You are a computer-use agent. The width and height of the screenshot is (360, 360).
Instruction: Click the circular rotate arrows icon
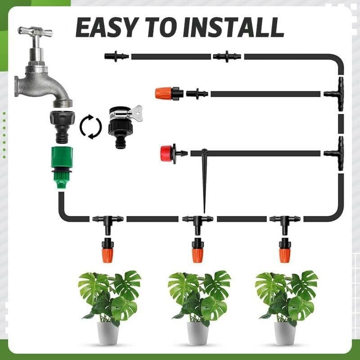coord(90,127)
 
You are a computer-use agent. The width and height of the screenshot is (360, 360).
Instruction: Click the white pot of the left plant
coord(108,333)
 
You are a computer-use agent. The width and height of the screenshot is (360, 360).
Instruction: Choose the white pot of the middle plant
coord(198,333)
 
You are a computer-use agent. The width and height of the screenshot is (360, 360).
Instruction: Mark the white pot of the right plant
coord(285,333)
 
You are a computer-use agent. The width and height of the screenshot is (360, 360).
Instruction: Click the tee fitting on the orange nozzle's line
coord(336,92)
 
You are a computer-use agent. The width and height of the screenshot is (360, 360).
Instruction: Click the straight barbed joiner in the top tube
coord(227,56)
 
